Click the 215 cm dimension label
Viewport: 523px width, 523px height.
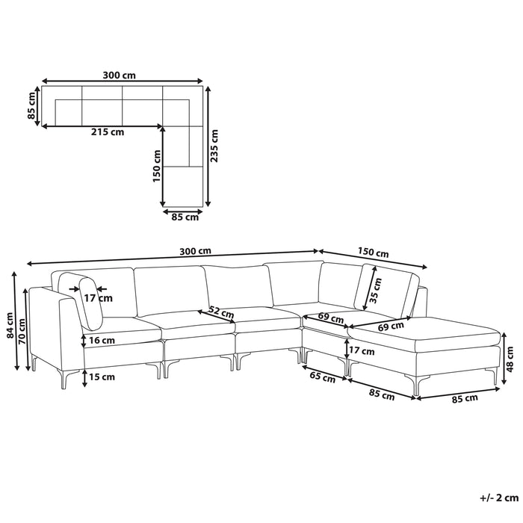108,132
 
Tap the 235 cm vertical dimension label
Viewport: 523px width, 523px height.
214,146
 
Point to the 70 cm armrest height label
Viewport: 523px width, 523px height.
22,332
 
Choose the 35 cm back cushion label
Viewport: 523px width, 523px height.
376,290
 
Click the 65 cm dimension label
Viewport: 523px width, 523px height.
322,377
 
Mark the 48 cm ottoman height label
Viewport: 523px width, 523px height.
510,359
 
